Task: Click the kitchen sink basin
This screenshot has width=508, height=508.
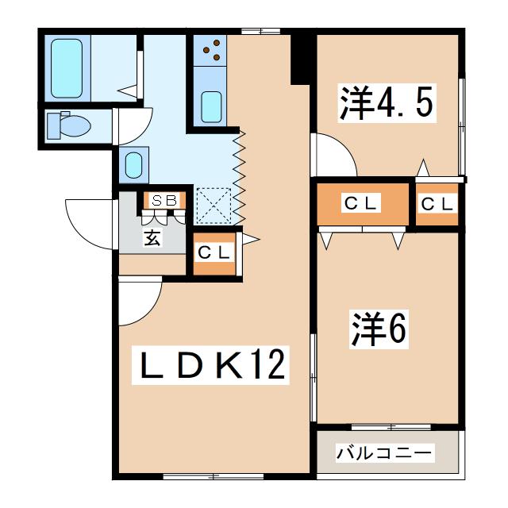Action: pyautogui.click(x=212, y=106)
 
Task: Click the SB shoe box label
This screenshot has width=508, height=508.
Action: pyautogui.click(x=164, y=201)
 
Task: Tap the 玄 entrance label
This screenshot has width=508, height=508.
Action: pyautogui.click(x=152, y=237)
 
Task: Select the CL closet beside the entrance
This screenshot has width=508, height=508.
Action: pyautogui.click(x=214, y=253)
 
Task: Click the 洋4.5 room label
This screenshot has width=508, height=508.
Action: pyautogui.click(x=388, y=102)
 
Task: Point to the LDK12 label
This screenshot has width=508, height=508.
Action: pyautogui.click(x=213, y=366)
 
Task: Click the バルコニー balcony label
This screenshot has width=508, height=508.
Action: pyautogui.click(x=386, y=453)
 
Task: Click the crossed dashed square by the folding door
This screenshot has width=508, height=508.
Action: pyautogui.click(x=213, y=204)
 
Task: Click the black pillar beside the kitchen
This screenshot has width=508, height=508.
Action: pyautogui.click(x=301, y=57)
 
